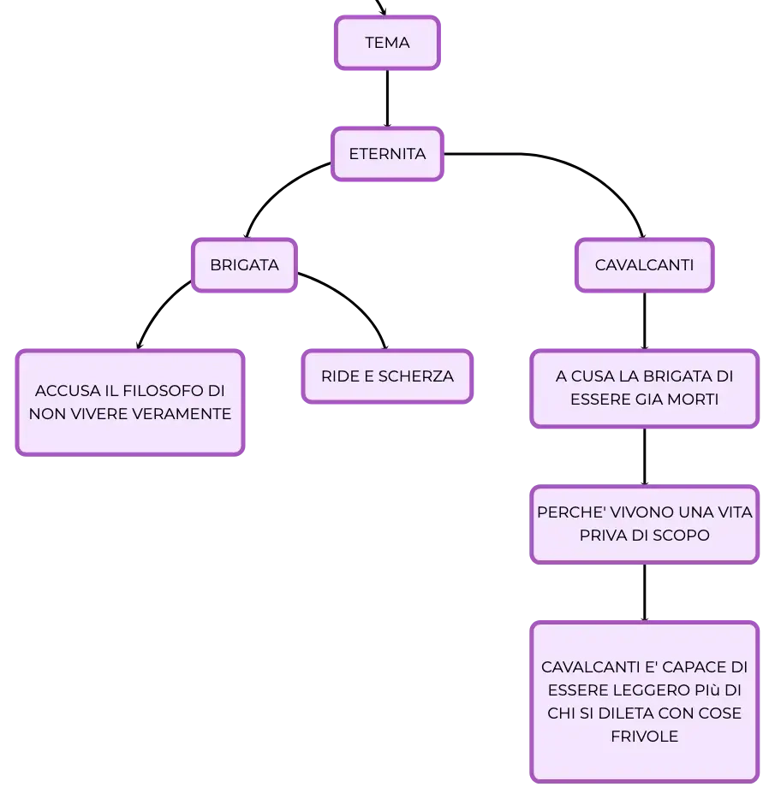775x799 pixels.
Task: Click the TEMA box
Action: click(387, 43)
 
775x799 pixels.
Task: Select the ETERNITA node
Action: click(387, 154)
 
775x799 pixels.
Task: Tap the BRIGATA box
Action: click(244, 265)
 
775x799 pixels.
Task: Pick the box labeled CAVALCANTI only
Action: click(644, 265)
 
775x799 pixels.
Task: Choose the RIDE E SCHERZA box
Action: click(387, 376)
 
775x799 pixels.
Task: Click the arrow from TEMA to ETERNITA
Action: click(387, 98)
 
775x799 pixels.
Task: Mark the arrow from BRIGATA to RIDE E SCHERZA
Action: click(352, 303)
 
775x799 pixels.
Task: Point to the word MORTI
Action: click(693, 399)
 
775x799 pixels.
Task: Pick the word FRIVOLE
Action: click(644, 737)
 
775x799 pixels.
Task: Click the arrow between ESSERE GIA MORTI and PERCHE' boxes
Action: click(644, 457)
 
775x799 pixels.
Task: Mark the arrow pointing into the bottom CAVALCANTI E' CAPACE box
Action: click(644, 593)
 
